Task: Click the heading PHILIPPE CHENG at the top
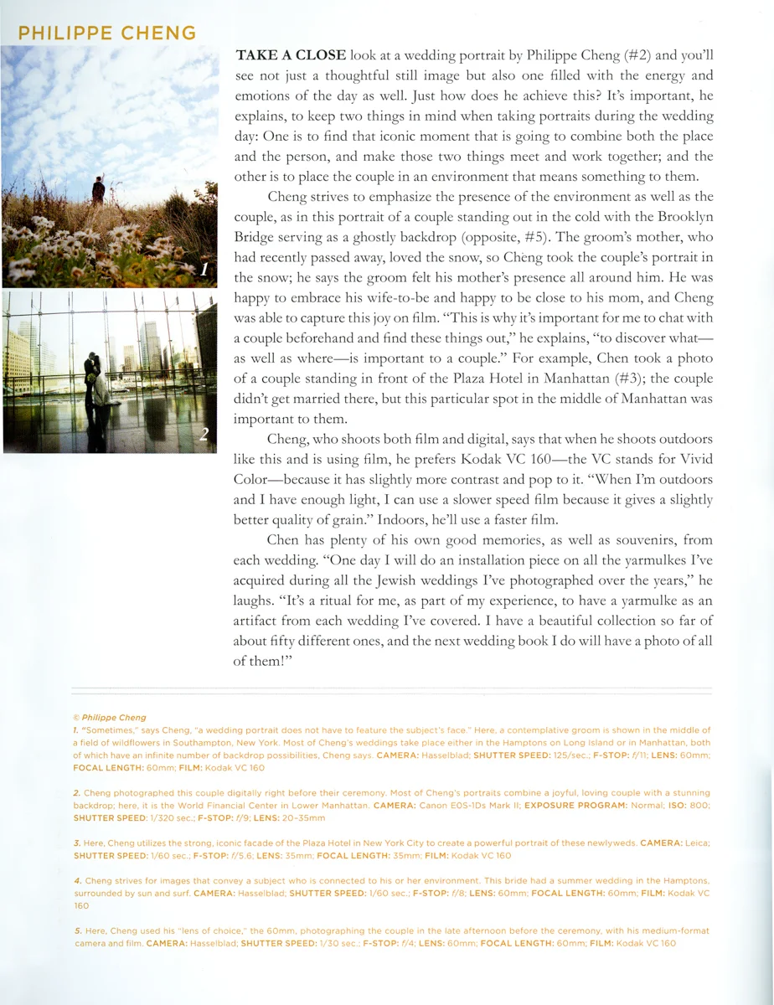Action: tap(107, 33)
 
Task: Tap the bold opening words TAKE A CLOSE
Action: tap(291, 56)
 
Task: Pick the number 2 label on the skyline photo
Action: tap(204, 434)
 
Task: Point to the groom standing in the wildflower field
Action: tap(98, 190)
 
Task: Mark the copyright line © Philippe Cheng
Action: tap(110, 718)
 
